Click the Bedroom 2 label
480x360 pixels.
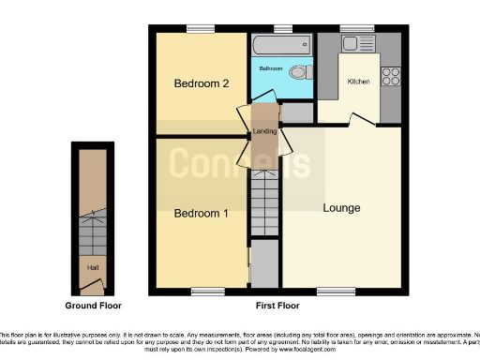point(202,83)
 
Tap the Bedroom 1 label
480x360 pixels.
point(202,213)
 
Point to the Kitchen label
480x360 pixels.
point(359,82)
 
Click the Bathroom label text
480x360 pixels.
point(271,68)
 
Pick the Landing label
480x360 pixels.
point(263,131)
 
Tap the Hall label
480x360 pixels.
point(93,267)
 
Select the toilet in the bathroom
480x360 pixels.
point(299,72)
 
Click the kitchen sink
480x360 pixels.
point(357,43)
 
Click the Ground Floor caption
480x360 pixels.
point(93,306)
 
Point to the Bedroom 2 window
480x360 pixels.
point(198,28)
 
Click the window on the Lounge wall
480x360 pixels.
point(329,291)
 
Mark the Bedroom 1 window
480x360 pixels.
point(208,291)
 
